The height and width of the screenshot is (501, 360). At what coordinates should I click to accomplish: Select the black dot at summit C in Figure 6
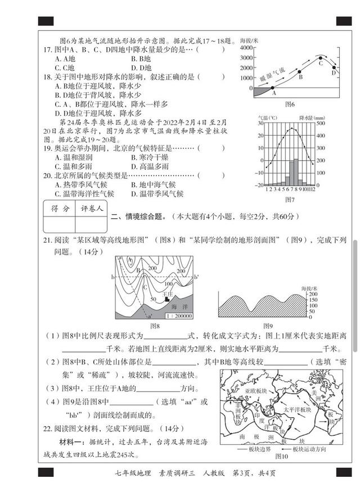click(x=321, y=57)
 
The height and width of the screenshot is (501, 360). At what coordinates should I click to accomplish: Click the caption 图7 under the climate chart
click(x=290, y=199)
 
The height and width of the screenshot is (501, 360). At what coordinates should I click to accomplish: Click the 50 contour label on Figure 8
click(x=153, y=300)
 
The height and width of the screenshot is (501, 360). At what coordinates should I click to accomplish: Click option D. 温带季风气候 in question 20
click(x=157, y=194)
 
